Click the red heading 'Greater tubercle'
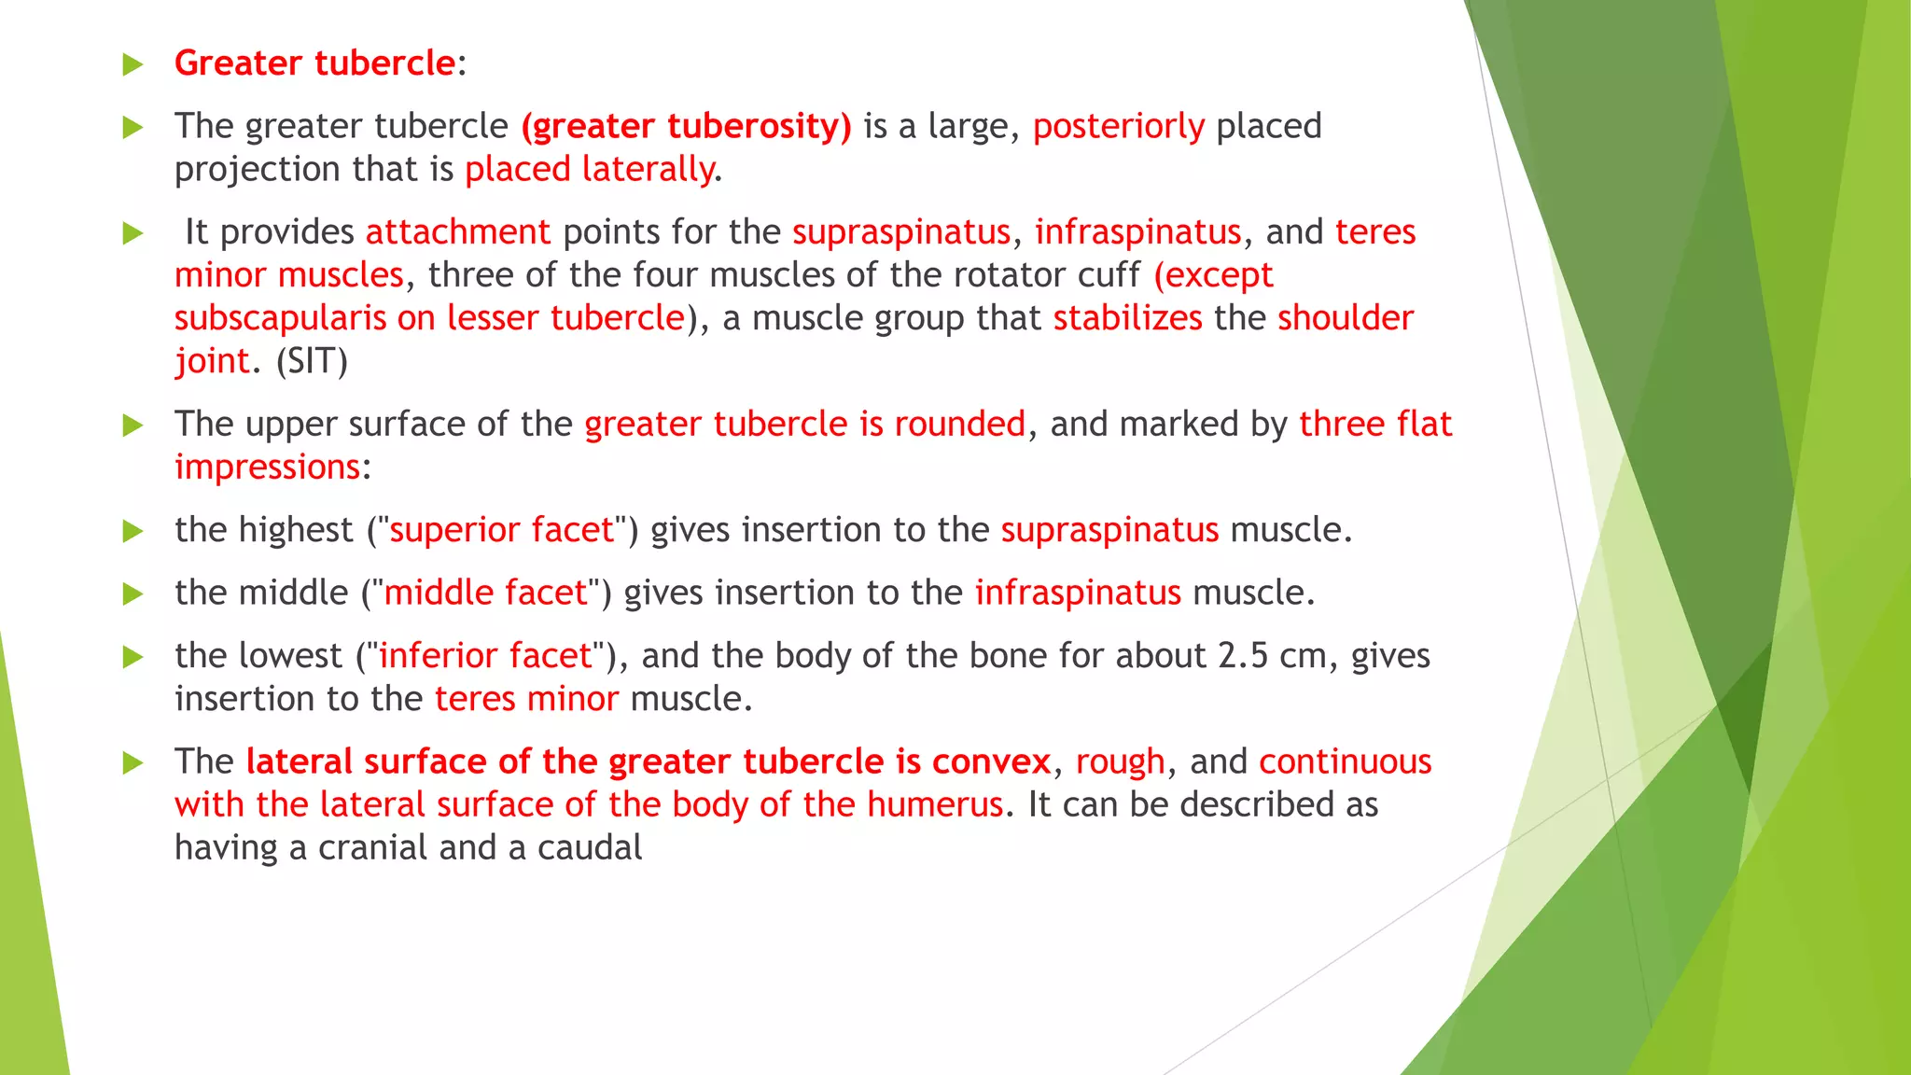click(x=314, y=63)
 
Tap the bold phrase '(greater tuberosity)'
click(x=686, y=126)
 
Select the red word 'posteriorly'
click(x=1118, y=126)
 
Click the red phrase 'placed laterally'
click(x=589, y=169)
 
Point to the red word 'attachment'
click(x=457, y=231)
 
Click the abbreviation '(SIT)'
click(x=312, y=361)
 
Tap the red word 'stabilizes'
click(x=1127, y=318)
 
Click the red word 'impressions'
click(x=267, y=467)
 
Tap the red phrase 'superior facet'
click(x=501, y=530)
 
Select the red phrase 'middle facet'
click(x=485, y=593)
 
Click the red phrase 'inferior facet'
click(x=485, y=656)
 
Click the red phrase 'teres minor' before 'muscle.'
click(x=526, y=699)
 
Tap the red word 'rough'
click(x=1120, y=761)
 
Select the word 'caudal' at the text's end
click(x=590, y=847)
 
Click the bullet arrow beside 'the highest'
click(x=133, y=531)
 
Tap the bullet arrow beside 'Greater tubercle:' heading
click(x=133, y=64)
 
